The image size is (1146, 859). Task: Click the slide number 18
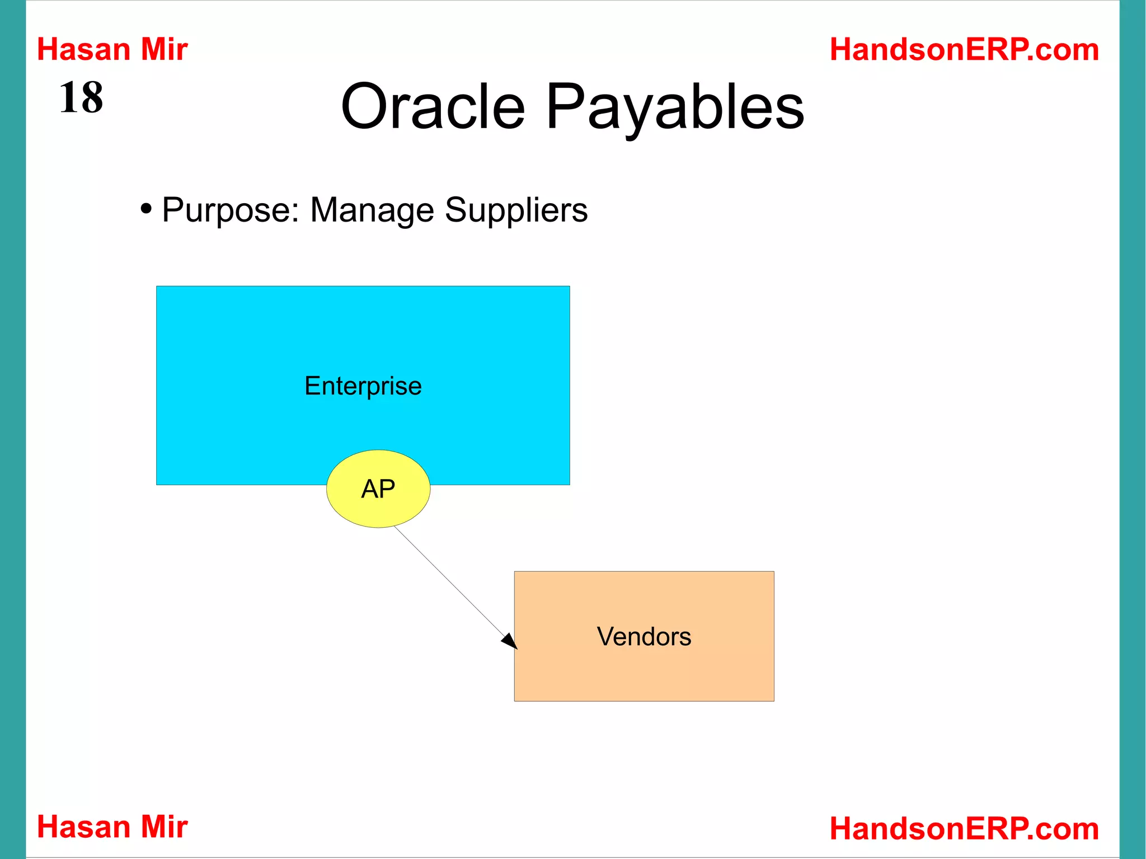click(81, 97)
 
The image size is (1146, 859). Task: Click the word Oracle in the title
click(433, 106)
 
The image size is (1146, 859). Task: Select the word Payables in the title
click(675, 106)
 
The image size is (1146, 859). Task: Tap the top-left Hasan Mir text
click(112, 49)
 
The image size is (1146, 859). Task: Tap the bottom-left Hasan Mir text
click(112, 827)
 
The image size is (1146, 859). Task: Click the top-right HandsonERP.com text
click(964, 49)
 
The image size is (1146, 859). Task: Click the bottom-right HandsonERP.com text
click(964, 828)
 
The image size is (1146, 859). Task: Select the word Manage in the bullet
click(372, 210)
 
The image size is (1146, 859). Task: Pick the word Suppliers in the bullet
click(516, 210)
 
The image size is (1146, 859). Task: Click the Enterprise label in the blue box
click(363, 386)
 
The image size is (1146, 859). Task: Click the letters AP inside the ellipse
click(378, 489)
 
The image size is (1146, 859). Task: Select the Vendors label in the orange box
click(644, 636)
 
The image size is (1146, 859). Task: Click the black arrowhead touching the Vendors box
click(510, 641)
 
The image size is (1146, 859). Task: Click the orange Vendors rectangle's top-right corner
click(773, 572)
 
